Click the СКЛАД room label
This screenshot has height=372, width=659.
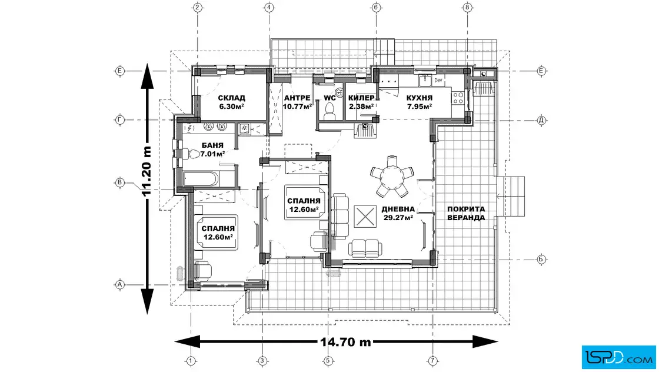[232, 98]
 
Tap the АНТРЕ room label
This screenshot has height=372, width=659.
[297, 98]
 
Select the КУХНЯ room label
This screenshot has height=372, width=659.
[420, 98]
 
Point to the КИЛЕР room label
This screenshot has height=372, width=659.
[361, 98]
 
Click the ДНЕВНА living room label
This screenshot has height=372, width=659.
[398, 209]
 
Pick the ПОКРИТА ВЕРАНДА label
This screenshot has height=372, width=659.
[466, 213]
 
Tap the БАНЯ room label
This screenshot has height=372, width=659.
[212, 145]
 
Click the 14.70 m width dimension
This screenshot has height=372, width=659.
[345, 342]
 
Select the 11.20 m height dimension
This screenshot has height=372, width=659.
[147, 171]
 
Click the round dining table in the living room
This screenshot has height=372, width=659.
[392, 176]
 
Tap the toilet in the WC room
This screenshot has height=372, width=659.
[330, 109]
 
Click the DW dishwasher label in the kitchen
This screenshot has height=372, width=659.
[438, 80]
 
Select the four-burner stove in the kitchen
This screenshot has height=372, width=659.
[458, 98]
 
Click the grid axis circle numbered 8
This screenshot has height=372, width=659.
[467, 7]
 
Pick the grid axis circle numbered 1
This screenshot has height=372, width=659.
[191, 361]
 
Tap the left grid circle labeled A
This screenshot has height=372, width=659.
[120, 284]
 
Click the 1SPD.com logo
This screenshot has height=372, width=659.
[618, 357]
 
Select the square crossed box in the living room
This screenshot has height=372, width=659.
[365, 217]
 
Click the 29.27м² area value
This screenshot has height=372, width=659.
[398, 218]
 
